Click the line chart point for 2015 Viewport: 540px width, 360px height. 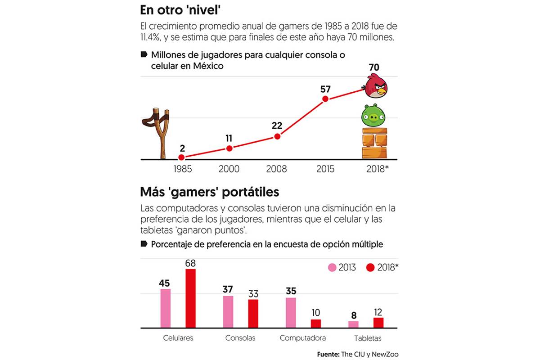point(325,99)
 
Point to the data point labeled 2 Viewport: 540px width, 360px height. point(181,157)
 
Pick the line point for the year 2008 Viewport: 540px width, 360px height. point(277,136)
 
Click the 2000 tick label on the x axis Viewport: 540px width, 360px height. point(229,169)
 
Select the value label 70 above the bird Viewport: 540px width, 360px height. point(374,68)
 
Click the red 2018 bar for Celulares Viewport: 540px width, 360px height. point(191,298)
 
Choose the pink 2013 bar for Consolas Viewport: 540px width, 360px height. point(228,311)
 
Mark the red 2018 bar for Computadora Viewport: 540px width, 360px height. point(316,323)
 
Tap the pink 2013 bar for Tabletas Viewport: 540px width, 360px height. point(354,324)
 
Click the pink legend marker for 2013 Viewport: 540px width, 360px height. point(332,268)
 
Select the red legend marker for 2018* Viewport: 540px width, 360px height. point(371,268)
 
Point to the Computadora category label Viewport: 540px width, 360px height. point(302,338)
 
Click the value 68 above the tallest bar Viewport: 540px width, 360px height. point(190,263)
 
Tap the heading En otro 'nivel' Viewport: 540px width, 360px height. point(178,10)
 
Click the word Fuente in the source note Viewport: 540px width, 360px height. point(328,354)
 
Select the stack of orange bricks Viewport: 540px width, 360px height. point(374,143)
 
